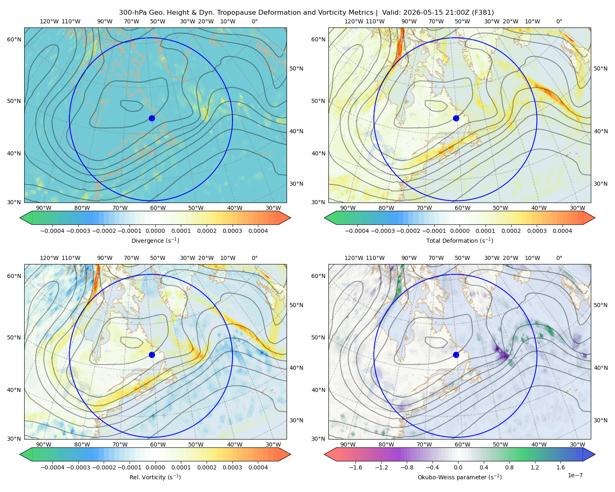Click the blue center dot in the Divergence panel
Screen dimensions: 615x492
[152, 118]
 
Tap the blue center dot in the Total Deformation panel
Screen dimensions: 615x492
[456, 118]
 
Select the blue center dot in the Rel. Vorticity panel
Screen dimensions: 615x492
[152, 355]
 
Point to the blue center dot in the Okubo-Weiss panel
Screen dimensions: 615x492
[456, 355]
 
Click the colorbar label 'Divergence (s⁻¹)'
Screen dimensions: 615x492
[155, 241]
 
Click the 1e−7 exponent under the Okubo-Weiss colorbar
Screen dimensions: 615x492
[575, 475]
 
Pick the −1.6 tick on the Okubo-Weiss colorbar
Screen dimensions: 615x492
[355, 467]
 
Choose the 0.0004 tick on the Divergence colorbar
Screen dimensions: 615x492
[258, 231]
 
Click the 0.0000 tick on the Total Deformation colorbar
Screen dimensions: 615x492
[460, 231]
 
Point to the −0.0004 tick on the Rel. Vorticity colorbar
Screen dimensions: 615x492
[52, 467]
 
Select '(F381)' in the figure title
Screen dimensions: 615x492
[483, 13]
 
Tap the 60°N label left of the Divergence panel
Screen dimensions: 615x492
[14, 39]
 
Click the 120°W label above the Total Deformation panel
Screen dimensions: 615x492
[354, 21]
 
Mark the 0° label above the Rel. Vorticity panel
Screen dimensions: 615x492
[255, 258]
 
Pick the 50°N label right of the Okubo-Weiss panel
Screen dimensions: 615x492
[600, 305]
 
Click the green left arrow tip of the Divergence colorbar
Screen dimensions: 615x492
[20, 218]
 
